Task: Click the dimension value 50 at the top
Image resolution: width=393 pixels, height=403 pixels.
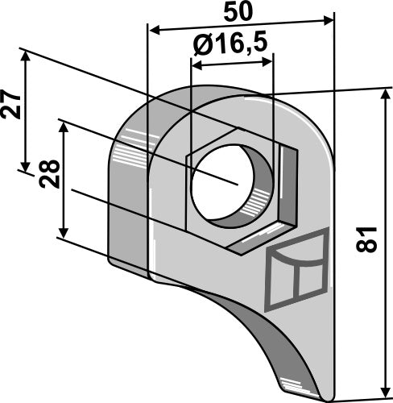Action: pyautogui.click(x=240, y=13)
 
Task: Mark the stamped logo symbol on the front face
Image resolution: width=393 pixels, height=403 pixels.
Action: pyautogui.click(x=296, y=270)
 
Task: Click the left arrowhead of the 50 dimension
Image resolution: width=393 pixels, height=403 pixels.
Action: pyautogui.click(x=152, y=30)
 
